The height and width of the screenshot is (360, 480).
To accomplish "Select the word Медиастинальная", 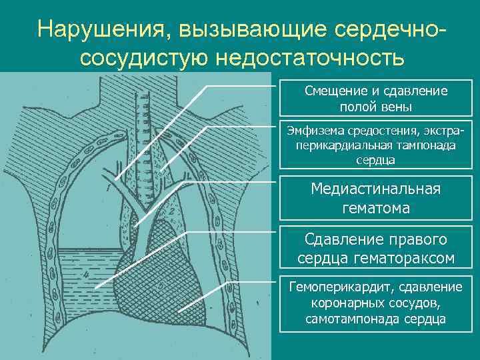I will pos(376,189).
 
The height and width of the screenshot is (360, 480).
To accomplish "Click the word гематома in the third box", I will pos(376,208).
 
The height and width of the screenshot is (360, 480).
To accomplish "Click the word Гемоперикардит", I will pos(333,287).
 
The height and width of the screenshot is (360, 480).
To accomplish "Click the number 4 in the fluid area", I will pos(85,275).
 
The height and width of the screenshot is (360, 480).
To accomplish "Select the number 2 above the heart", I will pos(171,212).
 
